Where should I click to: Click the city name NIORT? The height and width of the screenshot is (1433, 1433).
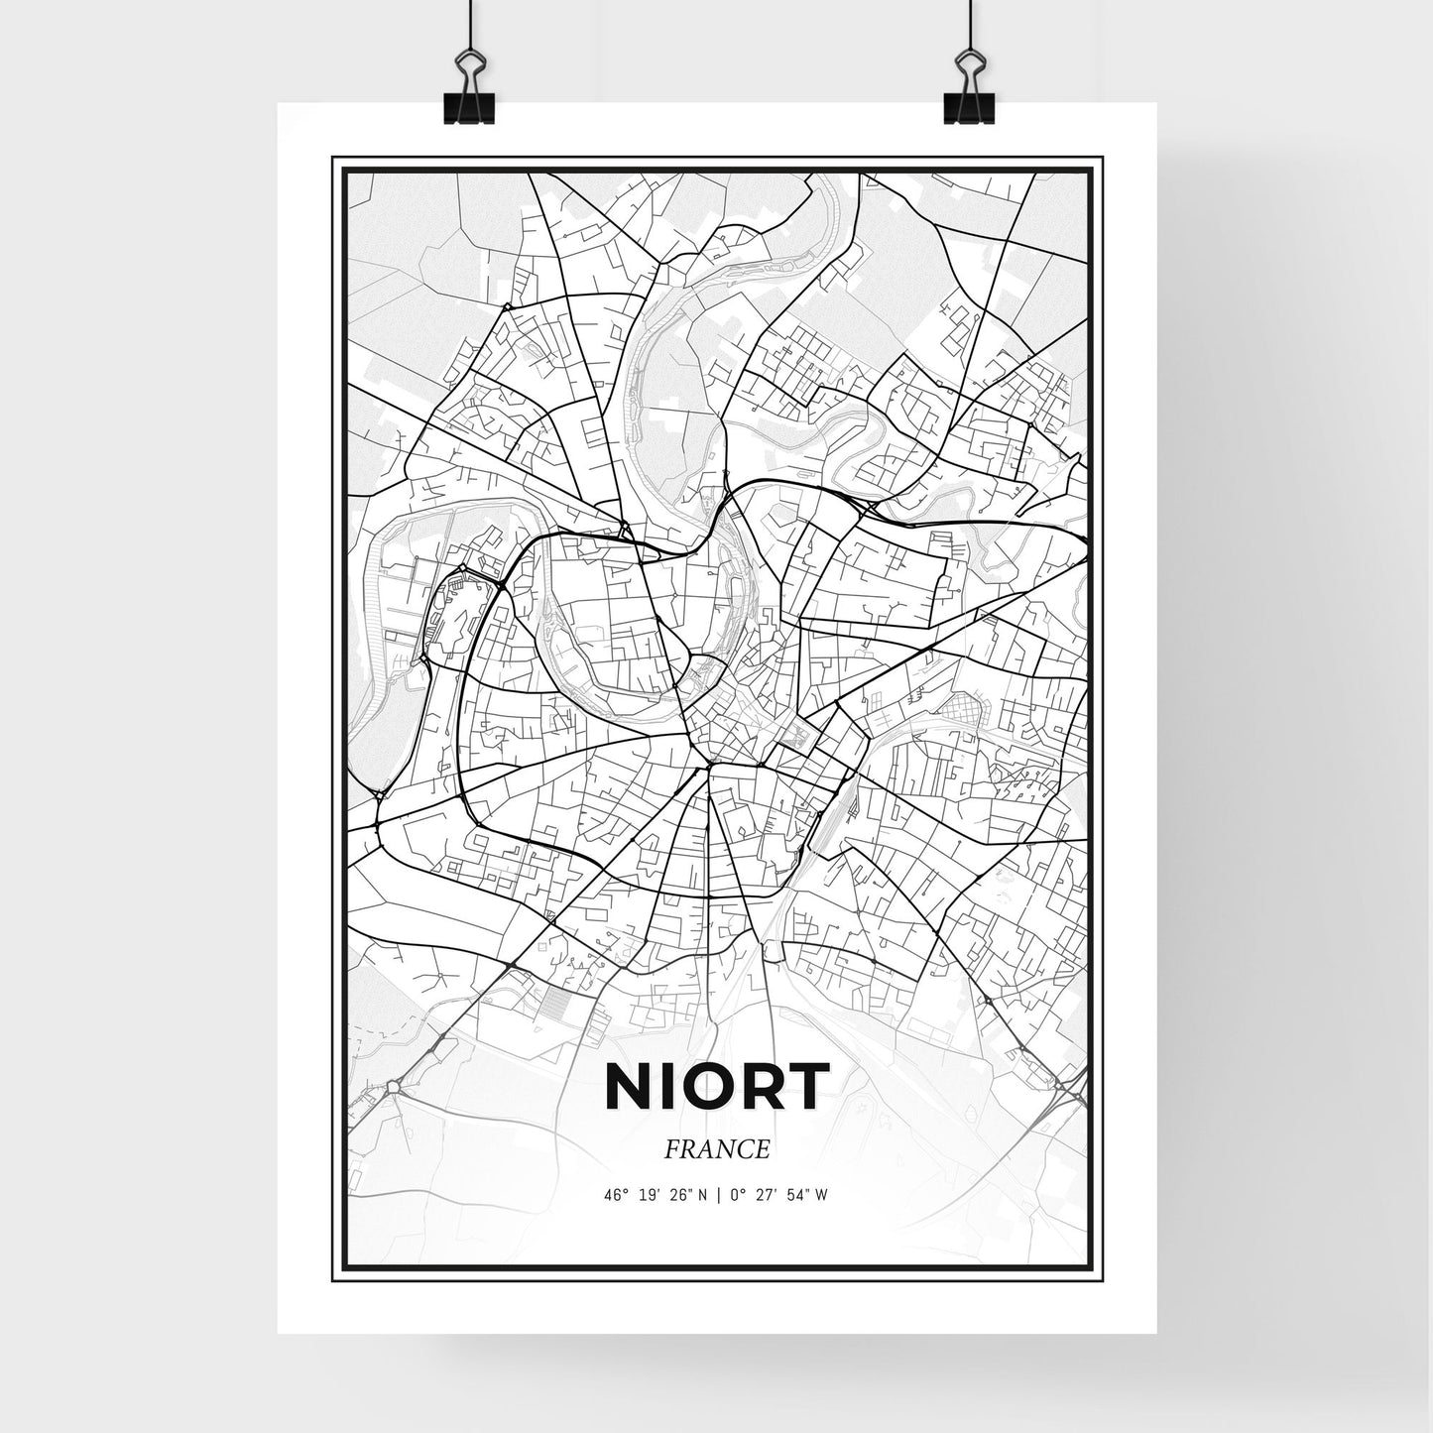[715, 1088]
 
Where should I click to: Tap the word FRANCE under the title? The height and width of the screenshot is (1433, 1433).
[718, 1149]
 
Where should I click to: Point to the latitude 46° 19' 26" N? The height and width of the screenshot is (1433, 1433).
[655, 1195]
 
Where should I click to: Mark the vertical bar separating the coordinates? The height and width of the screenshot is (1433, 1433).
[717, 1195]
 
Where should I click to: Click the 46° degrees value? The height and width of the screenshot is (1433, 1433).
[615, 1195]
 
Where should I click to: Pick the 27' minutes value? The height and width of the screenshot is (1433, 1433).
[767, 1195]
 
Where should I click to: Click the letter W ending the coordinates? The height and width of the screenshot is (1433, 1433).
[821, 1195]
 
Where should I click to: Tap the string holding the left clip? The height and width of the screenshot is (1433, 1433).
[465, 25]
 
